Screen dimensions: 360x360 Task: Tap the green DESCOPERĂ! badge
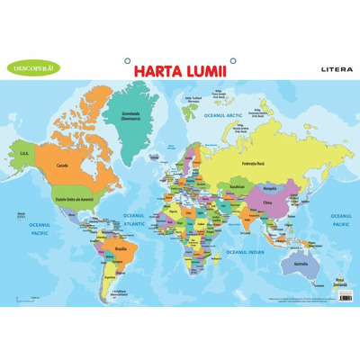coord(31,67)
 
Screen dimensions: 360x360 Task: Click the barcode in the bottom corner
coord(345,295)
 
